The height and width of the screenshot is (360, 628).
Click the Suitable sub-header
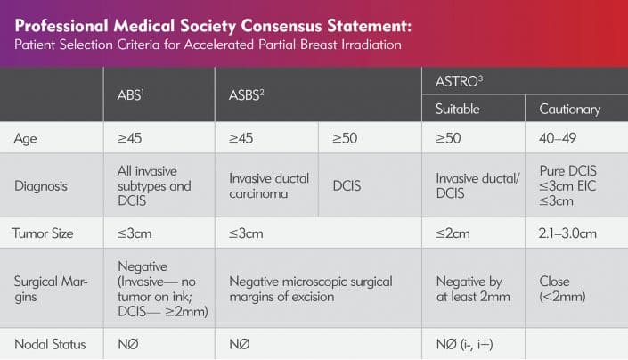tap(457, 110)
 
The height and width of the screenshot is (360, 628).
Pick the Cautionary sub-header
tap(570, 110)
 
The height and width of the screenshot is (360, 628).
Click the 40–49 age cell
tap(560, 138)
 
